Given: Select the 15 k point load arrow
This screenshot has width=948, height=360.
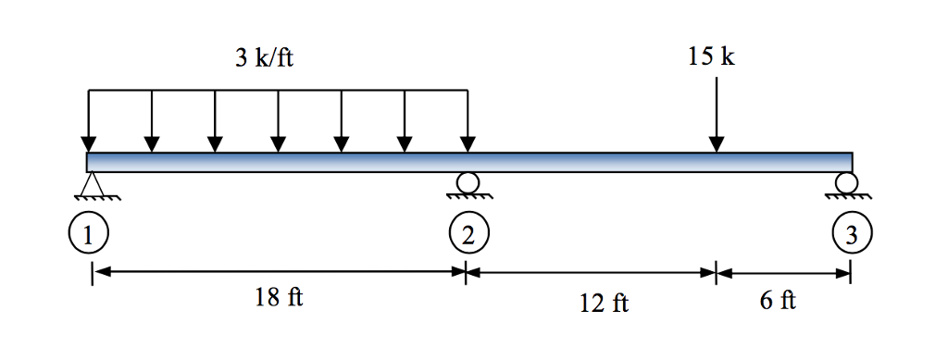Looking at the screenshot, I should [716, 115].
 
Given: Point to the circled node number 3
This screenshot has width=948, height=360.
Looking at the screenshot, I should [850, 234].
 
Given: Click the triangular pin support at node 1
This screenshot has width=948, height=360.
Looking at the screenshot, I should [91, 187].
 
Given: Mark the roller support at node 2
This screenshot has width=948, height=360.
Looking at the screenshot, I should [468, 183].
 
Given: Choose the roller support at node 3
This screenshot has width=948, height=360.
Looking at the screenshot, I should [848, 183].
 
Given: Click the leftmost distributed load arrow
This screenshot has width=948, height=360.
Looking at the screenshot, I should [88, 120].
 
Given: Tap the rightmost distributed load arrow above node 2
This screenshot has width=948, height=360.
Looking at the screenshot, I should [468, 120].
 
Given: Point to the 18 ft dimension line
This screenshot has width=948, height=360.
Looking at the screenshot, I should [278, 272].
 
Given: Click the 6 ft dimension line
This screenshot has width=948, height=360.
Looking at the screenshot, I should [783, 273].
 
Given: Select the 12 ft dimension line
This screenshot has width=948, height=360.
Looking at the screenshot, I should [591, 273].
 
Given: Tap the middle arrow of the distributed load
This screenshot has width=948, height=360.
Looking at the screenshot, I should [278, 120].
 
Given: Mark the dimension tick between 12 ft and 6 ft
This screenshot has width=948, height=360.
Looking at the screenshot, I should [716, 273].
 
